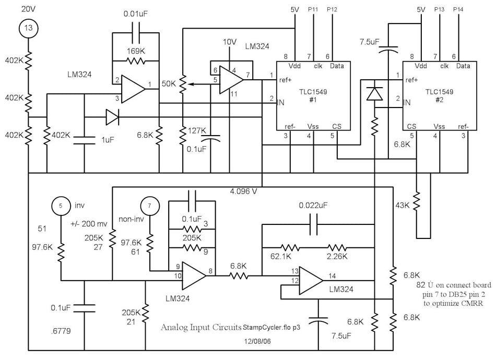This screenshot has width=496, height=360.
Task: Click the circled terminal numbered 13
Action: [29, 28]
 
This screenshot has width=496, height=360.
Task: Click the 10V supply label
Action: [230, 42]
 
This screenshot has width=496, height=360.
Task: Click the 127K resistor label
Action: [197, 130]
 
